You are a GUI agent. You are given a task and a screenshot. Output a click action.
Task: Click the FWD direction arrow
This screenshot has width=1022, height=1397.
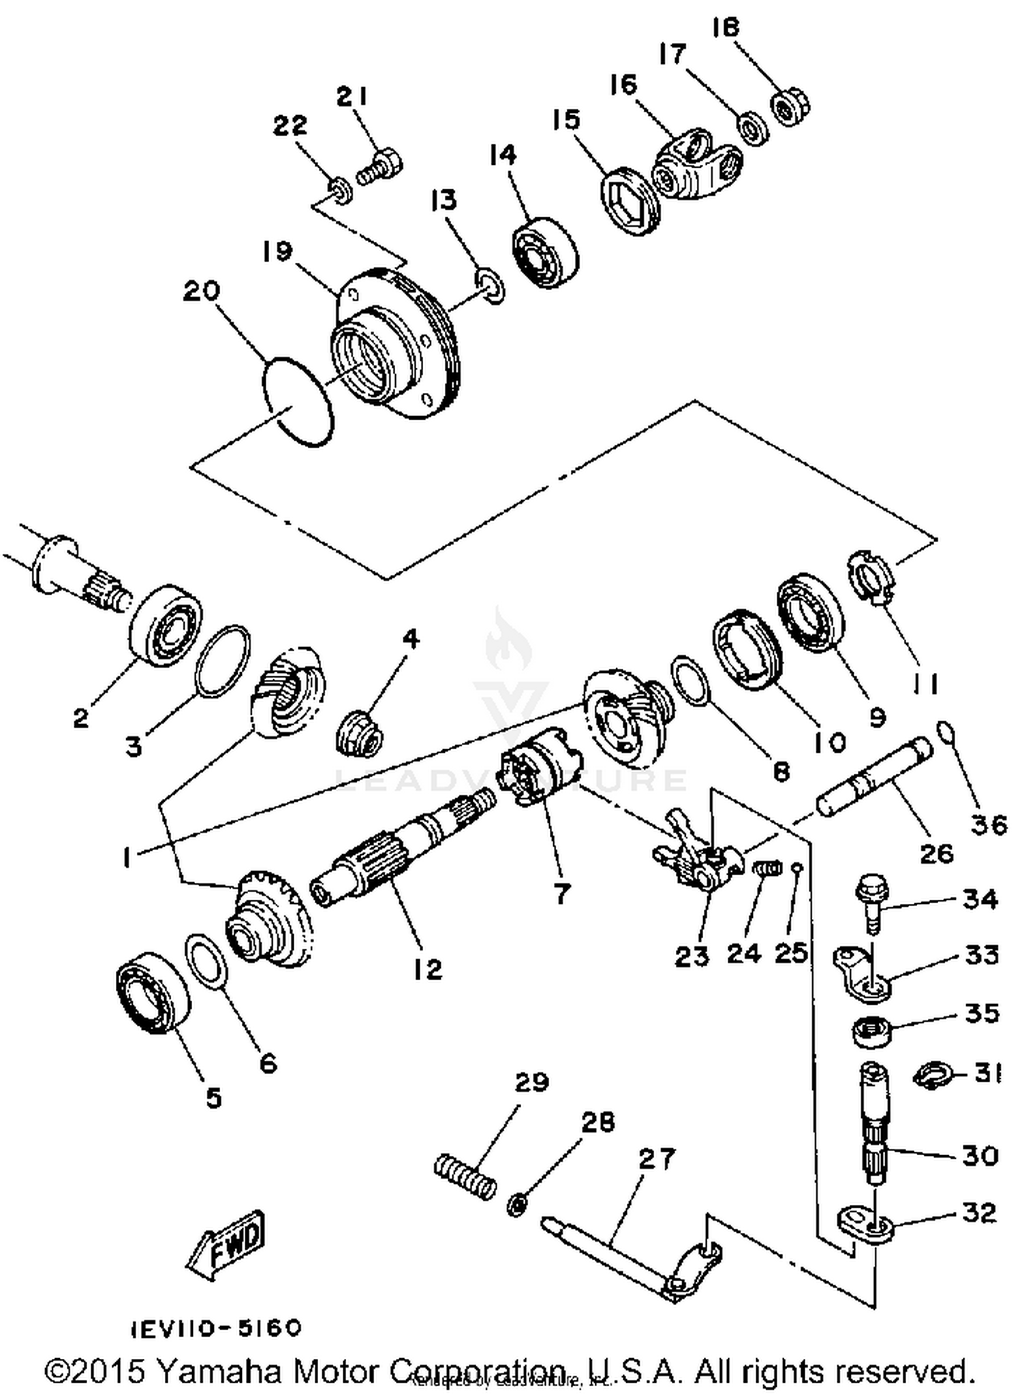coord(226,1246)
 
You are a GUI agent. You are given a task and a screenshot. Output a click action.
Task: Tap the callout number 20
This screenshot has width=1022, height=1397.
coord(201,291)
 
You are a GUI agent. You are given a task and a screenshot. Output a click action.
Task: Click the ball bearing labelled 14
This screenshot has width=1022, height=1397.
coord(545,252)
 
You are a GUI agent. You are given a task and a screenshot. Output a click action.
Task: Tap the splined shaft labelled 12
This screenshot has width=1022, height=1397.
coord(402,851)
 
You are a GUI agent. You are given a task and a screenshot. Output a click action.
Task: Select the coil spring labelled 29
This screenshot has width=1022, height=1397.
coord(465,1176)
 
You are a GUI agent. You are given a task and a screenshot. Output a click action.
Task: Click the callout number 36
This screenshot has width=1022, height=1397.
coord(989,825)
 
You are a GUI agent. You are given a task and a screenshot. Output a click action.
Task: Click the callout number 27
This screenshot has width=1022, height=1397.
coord(656,1159)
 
